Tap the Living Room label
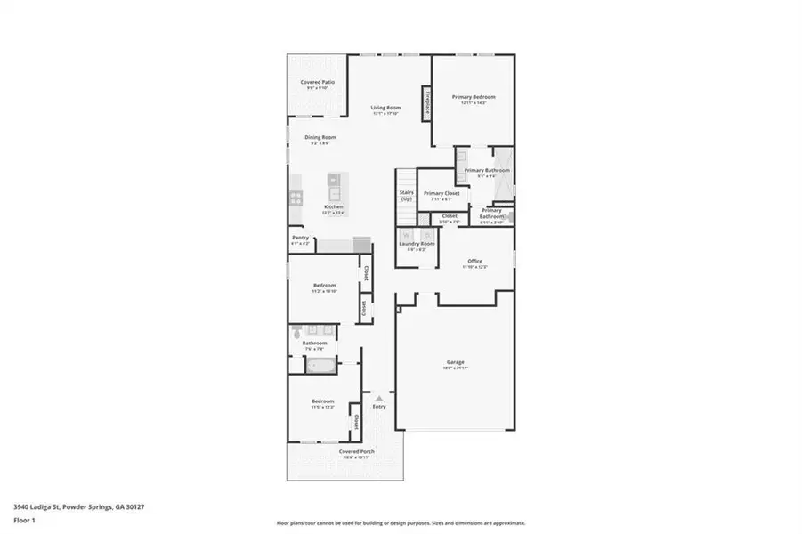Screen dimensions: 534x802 [385, 108]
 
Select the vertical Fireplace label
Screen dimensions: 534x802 [427, 103]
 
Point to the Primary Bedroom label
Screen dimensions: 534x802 [473, 97]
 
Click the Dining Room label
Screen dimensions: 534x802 [320, 137]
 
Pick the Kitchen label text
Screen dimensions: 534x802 [333, 206]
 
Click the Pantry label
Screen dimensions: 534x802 [300, 238]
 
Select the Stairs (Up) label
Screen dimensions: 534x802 [406, 195]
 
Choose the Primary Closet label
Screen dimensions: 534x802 [441, 193]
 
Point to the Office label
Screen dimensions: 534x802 [475, 261]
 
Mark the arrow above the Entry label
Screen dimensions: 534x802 [379, 398]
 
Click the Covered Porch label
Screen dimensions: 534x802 [356, 451]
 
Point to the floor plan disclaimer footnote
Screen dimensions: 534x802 [401, 523]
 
